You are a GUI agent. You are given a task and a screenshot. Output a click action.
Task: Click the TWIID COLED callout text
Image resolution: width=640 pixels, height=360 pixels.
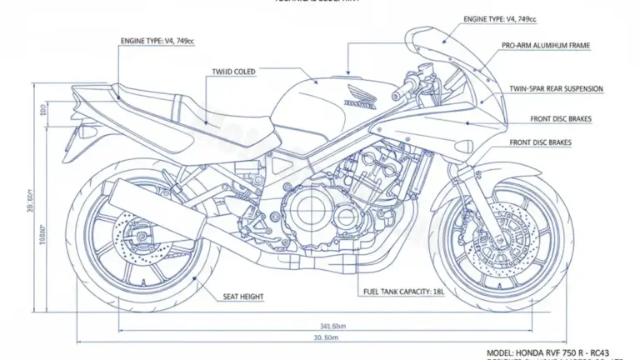click(x=233, y=72)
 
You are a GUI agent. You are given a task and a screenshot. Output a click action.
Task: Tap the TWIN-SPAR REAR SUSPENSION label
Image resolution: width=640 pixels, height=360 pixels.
click(x=556, y=89)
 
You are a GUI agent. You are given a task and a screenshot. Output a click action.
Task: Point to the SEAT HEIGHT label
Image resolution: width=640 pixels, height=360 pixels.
click(x=245, y=296)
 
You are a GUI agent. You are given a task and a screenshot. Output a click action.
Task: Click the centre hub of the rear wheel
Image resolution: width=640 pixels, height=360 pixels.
click(x=140, y=236)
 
